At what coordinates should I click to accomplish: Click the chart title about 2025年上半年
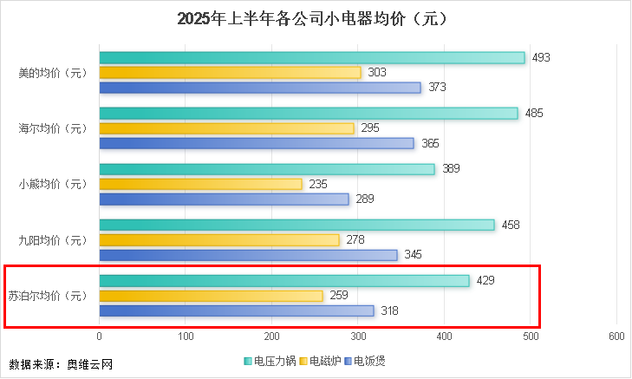(316, 19)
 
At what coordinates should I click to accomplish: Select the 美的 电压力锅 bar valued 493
(312, 57)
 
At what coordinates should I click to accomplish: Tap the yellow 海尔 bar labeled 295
(227, 128)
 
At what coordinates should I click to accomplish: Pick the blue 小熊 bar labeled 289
(224, 199)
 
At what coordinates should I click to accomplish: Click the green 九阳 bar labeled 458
(296, 225)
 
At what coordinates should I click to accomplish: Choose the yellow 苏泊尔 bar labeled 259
(211, 296)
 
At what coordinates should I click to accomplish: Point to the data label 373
(438, 88)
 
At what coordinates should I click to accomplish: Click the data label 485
(535, 114)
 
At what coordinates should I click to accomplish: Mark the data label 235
(318, 184)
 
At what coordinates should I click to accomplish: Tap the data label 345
(414, 255)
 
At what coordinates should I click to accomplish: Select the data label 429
(486, 281)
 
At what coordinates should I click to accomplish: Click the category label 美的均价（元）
(53, 73)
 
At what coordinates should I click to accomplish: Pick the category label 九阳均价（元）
(53, 240)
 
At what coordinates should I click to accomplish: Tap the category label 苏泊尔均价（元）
(48, 296)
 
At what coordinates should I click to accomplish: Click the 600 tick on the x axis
(616, 336)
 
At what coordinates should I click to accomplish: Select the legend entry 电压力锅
(270, 360)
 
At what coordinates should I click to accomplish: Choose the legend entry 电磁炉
(320, 360)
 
